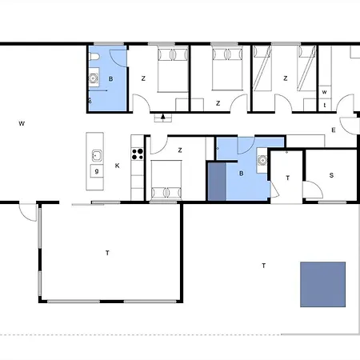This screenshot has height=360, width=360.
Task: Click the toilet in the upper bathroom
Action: point(94,57)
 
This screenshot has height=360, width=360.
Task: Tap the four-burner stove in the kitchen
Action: point(138,154)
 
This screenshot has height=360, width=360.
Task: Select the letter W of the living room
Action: point(22,123)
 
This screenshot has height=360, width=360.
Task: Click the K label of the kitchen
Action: point(117,166)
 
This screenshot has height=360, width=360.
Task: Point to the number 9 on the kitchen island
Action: point(97,171)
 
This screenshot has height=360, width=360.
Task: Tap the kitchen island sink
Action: point(97,155)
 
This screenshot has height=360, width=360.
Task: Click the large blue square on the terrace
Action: point(323,284)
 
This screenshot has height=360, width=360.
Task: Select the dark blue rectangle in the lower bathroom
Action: point(217,182)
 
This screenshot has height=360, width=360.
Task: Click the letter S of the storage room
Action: point(331,175)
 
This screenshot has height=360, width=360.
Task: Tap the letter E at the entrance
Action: point(334,130)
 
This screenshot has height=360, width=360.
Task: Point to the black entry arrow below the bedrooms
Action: point(163,116)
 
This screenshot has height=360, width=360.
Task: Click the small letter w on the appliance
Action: point(324,92)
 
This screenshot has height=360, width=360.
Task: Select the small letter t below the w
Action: point(325,105)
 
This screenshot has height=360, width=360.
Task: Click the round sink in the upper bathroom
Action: point(93,78)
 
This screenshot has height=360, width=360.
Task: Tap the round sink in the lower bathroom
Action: point(262,160)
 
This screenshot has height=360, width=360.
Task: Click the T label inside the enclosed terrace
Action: point(107,253)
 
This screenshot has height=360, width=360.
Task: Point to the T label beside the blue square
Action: point(264,266)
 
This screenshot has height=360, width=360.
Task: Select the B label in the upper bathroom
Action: point(110,79)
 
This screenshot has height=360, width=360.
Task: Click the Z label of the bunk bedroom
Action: point(286,78)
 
